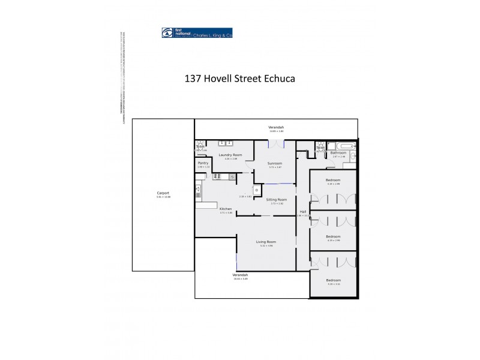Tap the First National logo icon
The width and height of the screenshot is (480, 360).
pos(167,33)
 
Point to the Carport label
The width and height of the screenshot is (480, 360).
pos(163,193)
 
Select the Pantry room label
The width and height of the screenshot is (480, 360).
pos(203,163)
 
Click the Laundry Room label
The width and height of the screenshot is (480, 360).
pos(230,155)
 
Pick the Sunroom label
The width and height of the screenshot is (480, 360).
pos(275,163)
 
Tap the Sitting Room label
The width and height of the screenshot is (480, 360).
pos(277,199)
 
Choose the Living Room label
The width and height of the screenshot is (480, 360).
pos(266,242)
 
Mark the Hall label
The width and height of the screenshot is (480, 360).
pos(303,212)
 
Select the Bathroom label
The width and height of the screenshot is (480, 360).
pos(338,153)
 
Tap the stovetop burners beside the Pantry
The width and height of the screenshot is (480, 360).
pos(218,176)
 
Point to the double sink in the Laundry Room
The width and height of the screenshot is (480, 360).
pos(226,143)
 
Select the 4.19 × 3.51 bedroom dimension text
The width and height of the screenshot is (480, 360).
pos(333,284)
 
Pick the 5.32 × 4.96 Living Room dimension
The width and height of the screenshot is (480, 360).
pos(266,246)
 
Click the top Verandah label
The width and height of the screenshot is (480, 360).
pos(276,127)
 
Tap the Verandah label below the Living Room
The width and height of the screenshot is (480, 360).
pos(240,275)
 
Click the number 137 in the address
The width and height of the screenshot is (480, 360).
pos(194,79)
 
